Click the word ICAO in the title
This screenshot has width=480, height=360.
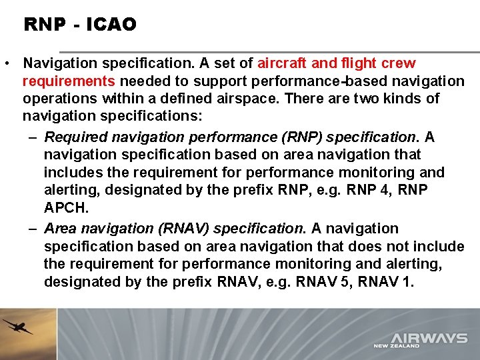pyautogui.click(x=111, y=25)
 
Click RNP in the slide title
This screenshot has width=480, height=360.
pyautogui.click(x=44, y=25)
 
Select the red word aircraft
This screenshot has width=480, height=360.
pyautogui.click(x=283, y=63)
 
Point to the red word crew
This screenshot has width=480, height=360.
pyautogui.click(x=398, y=63)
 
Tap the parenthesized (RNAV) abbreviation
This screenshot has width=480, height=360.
pyautogui.click(x=183, y=229)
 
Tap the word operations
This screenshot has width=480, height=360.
pyautogui.click(x=60, y=99)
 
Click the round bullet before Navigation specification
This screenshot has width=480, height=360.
pyautogui.click(x=6, y=64)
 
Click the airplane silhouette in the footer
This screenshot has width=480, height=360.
pyautogui.click(x=17, y=327)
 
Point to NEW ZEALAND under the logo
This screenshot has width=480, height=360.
pyautogui.click(x=397, y=346)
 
